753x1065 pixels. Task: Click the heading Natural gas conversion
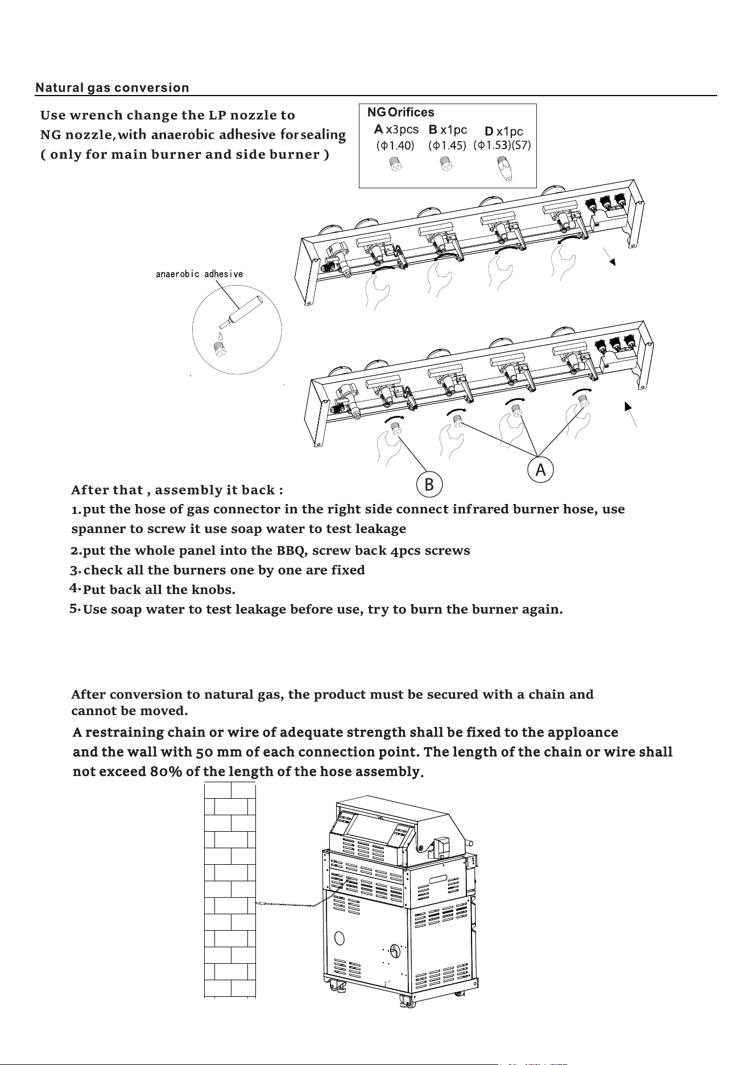(112, 88)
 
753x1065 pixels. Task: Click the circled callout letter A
(540, 470)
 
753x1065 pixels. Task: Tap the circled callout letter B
(429, 484)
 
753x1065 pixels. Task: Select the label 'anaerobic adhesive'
(200, 274)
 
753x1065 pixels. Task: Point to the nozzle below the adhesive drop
(220, 349)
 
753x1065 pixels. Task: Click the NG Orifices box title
(401, 113)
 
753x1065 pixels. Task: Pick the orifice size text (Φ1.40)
(395, 145)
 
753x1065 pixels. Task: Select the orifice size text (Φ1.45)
(447, 145)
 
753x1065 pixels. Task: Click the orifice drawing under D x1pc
(503, 169)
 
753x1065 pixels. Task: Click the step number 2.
(75, 551)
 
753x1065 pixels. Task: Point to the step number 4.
(74, 587)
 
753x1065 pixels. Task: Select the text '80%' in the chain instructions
(167, 772)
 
